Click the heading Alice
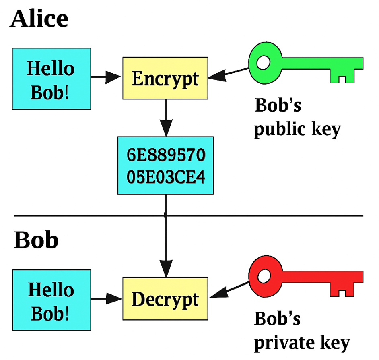point(39,19)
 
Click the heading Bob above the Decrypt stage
point(36,240)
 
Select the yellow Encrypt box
point(165,79)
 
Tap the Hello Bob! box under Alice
point(51,79)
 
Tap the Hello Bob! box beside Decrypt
point(51,299)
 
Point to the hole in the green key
point(264,63)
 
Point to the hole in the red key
point(264,276)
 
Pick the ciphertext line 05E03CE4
point(165,176)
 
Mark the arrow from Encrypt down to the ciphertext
point(165,119)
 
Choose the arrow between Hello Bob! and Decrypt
point(106,299)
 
